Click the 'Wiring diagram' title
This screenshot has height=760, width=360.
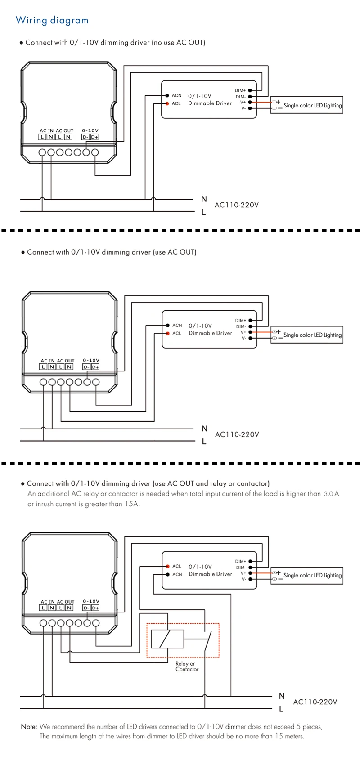[x=52, y=20]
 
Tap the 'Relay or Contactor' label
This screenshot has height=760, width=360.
[x=187, y=666]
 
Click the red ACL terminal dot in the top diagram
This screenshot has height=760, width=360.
[x=167, y=103]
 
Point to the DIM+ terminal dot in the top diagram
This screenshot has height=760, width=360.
[x=250, y=90]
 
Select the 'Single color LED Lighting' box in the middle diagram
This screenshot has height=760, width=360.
[x=307, y=335]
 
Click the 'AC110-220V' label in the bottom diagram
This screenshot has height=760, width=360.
[x=315, y=702]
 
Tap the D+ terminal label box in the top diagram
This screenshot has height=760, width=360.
[x=94, y=137]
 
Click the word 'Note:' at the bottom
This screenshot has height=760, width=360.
[x=29, y=726]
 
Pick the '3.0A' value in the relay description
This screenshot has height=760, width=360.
[x=331, y=494]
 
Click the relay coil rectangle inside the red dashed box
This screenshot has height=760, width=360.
[x=167, y=639]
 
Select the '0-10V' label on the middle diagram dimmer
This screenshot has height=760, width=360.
[x=91, y=360]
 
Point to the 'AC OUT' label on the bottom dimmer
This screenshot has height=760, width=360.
[x=66, y=602]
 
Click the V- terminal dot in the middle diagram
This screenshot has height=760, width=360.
[x=250, y=338]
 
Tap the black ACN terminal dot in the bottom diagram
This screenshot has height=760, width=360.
[x=168, y=574]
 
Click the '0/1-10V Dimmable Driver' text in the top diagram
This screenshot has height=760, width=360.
[x=210, y=100]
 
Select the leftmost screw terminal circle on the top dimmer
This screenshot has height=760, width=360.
[x=42, y=152]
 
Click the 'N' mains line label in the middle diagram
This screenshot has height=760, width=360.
[x=204, y=429]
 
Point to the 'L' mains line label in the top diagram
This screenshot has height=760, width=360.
[x=204, y=212]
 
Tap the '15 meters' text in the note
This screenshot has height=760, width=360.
[x=289, y=736]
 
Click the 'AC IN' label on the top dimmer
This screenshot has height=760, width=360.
[x=46, y=130]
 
